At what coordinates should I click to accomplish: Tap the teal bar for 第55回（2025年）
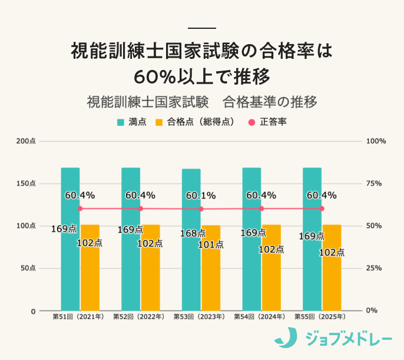[312, 265]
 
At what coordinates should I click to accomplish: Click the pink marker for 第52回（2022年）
[140, 208]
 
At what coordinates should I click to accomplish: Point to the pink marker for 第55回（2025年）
[322, 208]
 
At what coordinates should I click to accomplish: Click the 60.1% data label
[201, 195]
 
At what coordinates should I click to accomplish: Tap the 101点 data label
[210, 244]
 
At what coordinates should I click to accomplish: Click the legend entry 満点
[132, 122]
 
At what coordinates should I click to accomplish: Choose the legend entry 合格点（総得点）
[196, 122]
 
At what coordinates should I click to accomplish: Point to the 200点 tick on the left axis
[26, 141]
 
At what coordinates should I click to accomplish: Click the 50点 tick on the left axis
[28, 268]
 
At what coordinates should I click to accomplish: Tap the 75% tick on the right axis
[375, 184]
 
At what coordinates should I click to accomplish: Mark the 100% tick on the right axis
[376, 141]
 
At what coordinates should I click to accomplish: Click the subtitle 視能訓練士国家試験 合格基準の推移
[202, 101]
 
